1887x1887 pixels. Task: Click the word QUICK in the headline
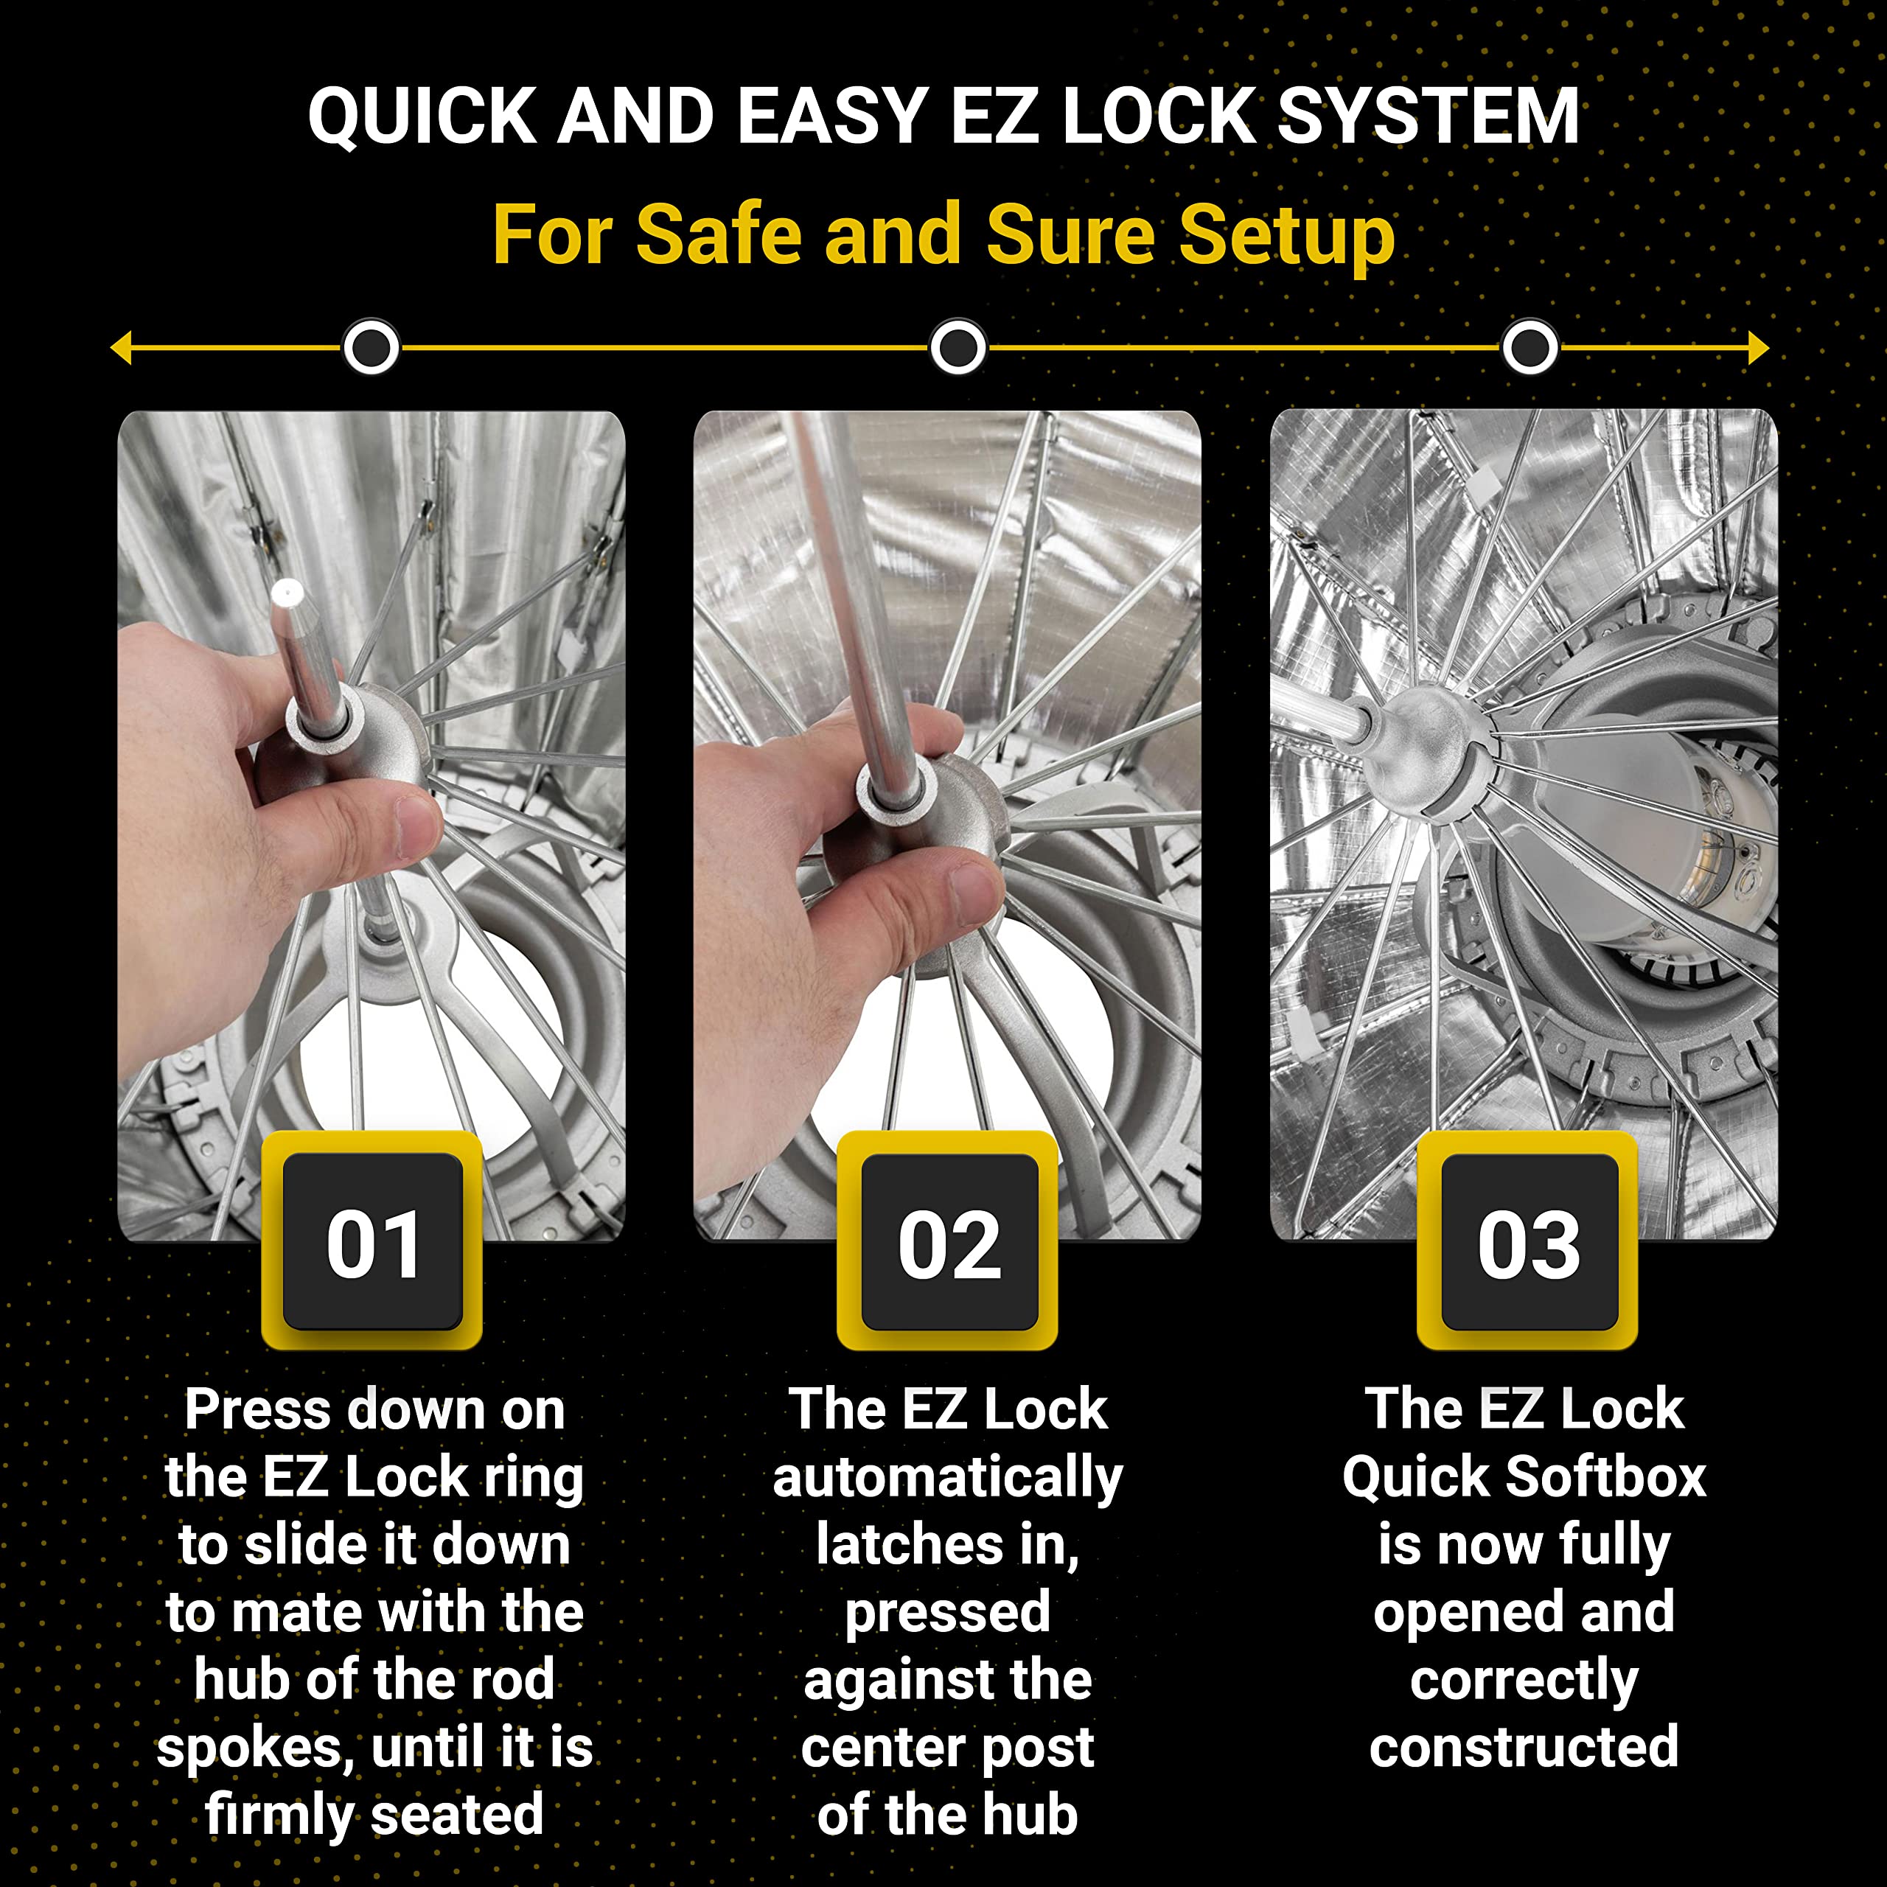[421, 117]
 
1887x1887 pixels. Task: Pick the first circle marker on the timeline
[372, 346]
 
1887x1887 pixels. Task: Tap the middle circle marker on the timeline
[958, 346]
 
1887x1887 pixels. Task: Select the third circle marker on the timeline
[1530, 346]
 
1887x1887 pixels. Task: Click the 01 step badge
[372, 1241]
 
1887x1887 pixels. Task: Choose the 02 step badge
[949, 1241]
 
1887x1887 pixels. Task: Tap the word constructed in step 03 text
[1524, 1748]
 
